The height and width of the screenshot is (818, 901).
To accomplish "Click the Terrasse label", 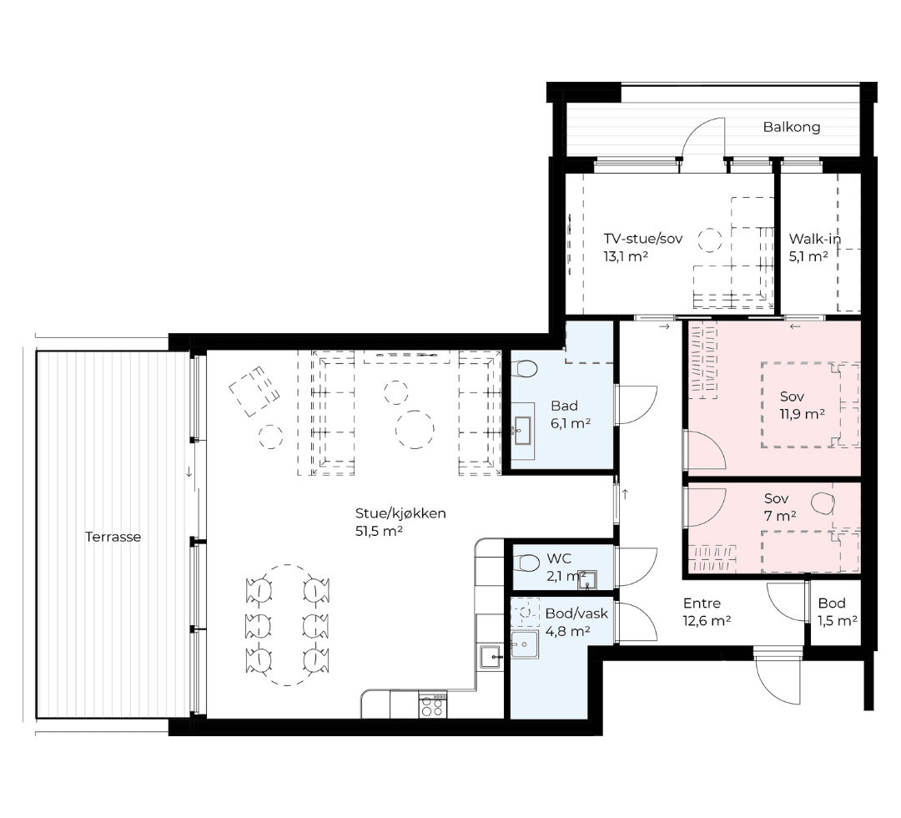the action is [113, 537].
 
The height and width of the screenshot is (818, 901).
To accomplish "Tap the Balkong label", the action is [791, 127].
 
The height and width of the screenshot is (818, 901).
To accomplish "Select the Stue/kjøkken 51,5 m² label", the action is [400, 522].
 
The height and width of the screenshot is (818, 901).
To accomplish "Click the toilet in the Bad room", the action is [524, 368].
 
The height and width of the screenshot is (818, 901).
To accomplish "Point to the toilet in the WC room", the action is [524, 563].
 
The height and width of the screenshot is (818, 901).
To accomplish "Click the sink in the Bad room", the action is [522, 431].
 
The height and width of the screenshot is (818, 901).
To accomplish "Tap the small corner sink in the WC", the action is [587, 580].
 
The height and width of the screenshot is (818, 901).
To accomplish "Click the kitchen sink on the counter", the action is [491, 656].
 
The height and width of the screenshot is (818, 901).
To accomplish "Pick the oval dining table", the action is [287, 625].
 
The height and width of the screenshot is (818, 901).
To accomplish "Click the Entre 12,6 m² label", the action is [707, 612].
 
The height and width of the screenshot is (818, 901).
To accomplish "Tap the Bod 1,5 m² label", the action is [838, 612].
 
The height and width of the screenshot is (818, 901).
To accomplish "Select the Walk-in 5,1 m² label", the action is [815, 247].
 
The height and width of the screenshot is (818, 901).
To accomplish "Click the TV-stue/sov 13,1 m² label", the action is [642, 247].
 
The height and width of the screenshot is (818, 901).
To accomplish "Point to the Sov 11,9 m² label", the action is [803, 406].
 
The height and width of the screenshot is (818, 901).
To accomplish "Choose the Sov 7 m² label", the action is [780, 507].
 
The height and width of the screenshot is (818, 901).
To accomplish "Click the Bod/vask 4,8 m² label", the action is [576, 622].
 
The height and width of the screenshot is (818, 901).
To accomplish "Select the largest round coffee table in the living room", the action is [415, 429].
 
